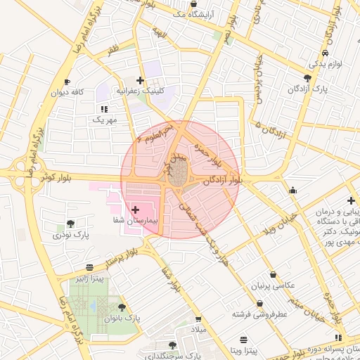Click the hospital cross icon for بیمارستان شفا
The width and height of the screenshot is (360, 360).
(x=136, y=210)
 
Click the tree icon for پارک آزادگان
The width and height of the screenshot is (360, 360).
(x=308, y=77)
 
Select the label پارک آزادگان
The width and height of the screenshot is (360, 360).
(x=307, y=90)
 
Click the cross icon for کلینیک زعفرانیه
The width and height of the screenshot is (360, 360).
(x=141, y=81)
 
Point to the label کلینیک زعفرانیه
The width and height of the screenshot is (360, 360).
(x=141, y=92)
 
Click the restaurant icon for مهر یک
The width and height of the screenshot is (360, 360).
(x=104, y=109)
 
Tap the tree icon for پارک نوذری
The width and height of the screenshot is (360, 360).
(x=70, y=224)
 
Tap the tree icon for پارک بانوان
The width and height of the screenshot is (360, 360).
(x=122, y=307)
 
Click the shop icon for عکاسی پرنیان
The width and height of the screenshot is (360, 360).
(x=273, y=275)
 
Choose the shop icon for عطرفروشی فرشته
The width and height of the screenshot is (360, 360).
(x=261, y=304)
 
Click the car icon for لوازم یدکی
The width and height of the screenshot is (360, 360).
(x=324, y=53)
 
